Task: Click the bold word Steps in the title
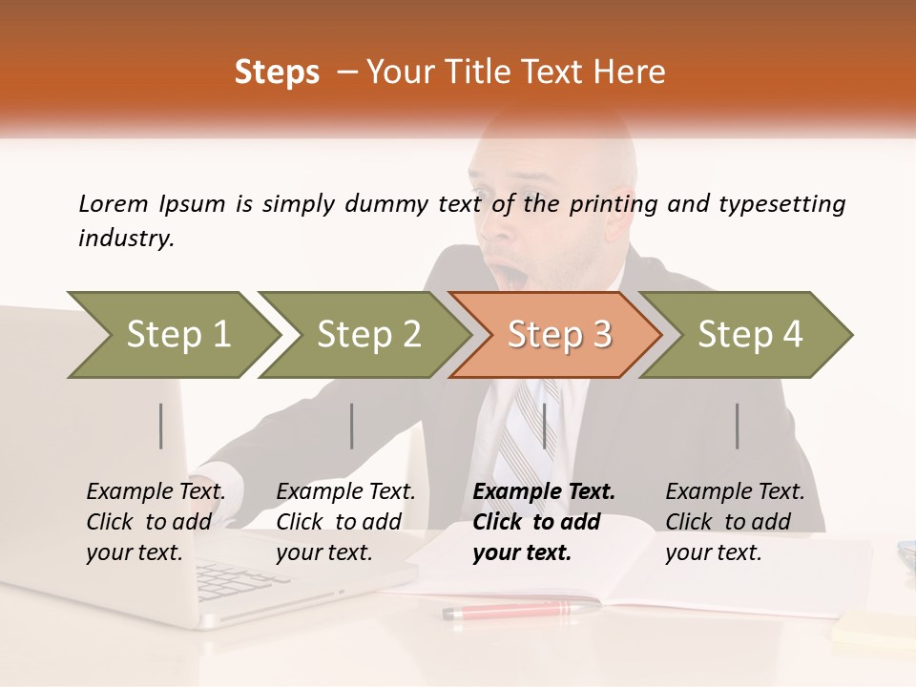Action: pos(277,72)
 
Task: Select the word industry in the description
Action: pos(125,238)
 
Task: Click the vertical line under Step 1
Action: pos(161,426)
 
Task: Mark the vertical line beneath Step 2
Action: pos(352,426)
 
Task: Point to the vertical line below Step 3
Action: pos(544,426)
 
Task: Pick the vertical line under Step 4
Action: pos(737,426)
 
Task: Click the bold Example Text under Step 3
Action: pos(544,491)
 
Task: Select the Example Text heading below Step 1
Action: pos(156,491)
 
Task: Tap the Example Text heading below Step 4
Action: pos(735,491)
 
